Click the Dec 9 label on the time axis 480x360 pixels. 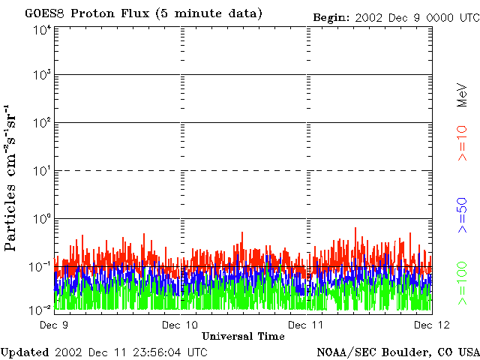54,325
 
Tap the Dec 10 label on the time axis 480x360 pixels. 180,325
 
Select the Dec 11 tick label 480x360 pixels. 307,325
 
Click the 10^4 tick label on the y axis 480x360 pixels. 41,31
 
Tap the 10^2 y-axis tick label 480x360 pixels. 41,124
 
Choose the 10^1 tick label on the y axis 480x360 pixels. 41,172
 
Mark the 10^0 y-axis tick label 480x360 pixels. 41,220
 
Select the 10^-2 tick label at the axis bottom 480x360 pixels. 40,310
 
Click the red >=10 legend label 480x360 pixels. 463,142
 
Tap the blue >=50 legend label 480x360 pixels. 463,215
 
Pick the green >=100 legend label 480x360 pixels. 463,283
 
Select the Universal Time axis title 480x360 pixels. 243,336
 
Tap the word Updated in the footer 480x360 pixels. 25,352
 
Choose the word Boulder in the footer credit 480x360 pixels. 407,352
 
